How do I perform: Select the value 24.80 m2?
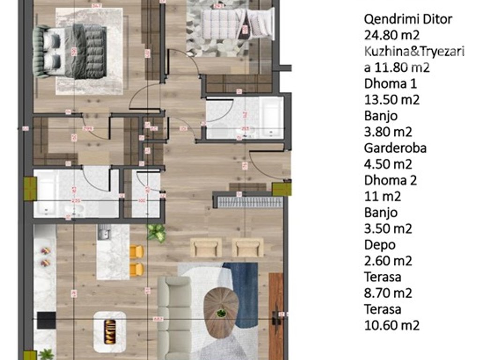(391, 35)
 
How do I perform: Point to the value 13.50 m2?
(391, 100)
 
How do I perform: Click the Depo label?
(380, 245)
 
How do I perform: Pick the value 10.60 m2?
(391, 325)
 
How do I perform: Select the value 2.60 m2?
(388, 261)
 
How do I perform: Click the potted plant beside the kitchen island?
(157, 232)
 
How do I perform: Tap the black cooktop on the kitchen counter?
(46, 320)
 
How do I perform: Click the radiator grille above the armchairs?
(248, 202)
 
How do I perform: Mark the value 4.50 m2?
(388, 164)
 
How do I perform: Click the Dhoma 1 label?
(384, 84)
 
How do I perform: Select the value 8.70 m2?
(388, 293)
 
